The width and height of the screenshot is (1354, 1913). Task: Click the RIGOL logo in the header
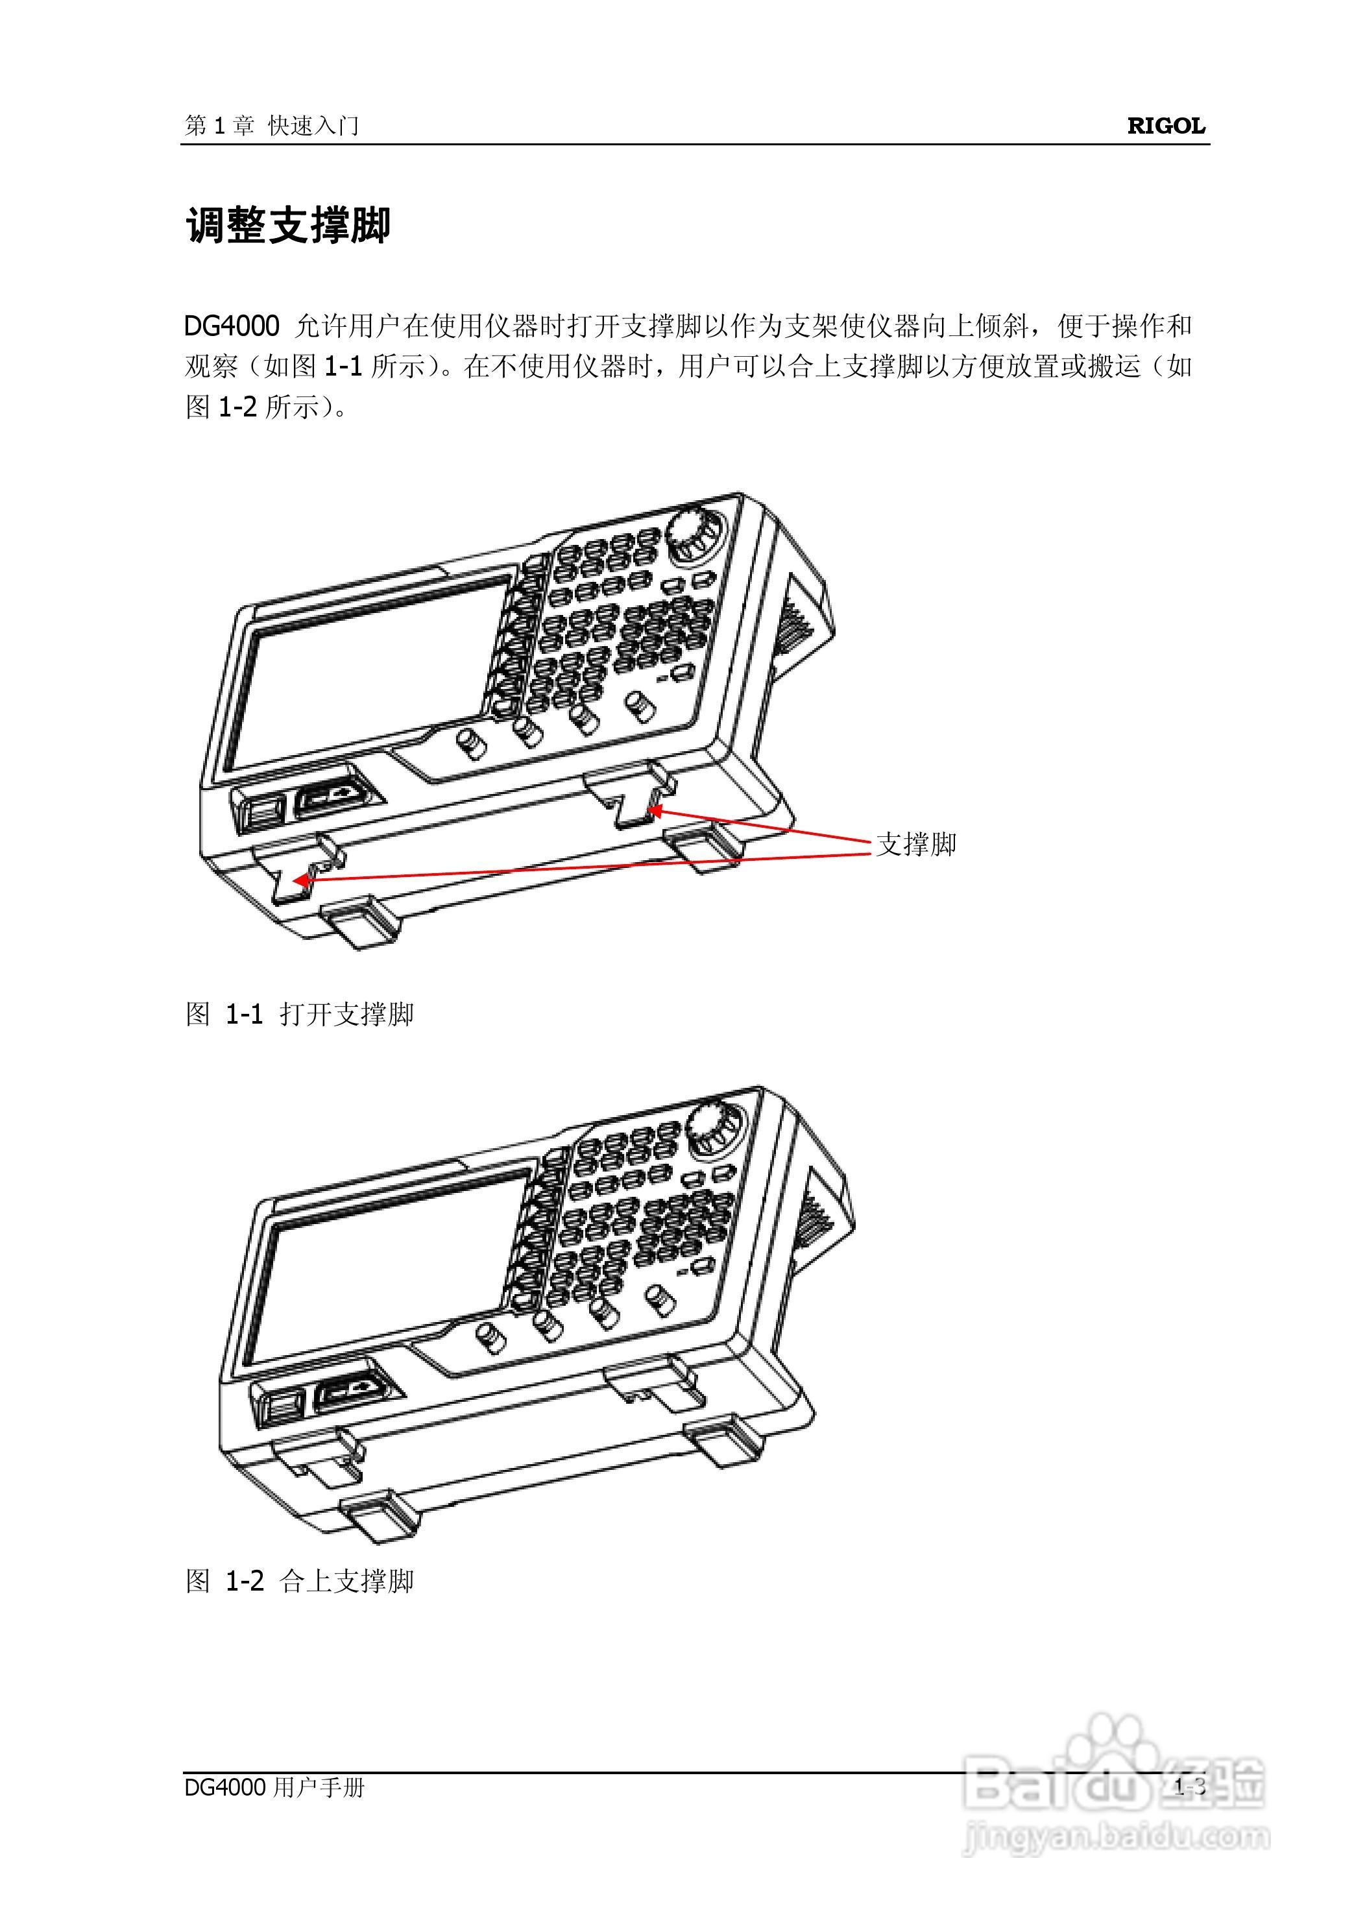pyautogui.click(x=1166, y=126)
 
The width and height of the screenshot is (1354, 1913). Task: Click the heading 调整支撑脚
pyautogui.click(x=287, y=226)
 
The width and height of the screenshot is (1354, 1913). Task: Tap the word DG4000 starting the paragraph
pyautogui.click(x=231, y=326)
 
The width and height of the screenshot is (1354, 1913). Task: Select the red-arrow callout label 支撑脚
pyautogui.click(x=915, y=845)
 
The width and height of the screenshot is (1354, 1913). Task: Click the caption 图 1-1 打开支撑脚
pyautogui.click(x=299, y=1015)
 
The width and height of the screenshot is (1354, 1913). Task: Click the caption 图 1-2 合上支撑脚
pyautogui.click(x=299, y=1582)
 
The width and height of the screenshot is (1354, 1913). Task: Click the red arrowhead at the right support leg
pyautogui.click(x=655, y=810)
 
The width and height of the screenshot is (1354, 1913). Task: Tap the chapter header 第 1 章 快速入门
pyautogui.click(x=272, y=126)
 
